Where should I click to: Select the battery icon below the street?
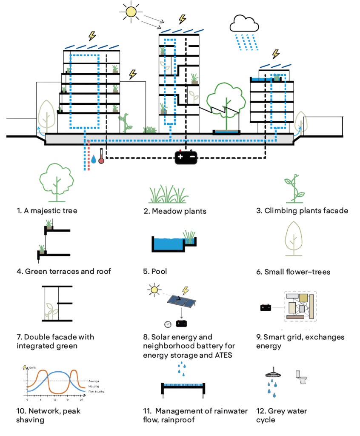(186, 157)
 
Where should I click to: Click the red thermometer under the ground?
(101, 156)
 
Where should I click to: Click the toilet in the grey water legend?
(301, 376)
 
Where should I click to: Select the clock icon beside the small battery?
(168, 324)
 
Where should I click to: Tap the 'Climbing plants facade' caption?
(302, 210)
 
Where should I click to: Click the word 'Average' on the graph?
(94, 380)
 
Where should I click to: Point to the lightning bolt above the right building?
(276, 54)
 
